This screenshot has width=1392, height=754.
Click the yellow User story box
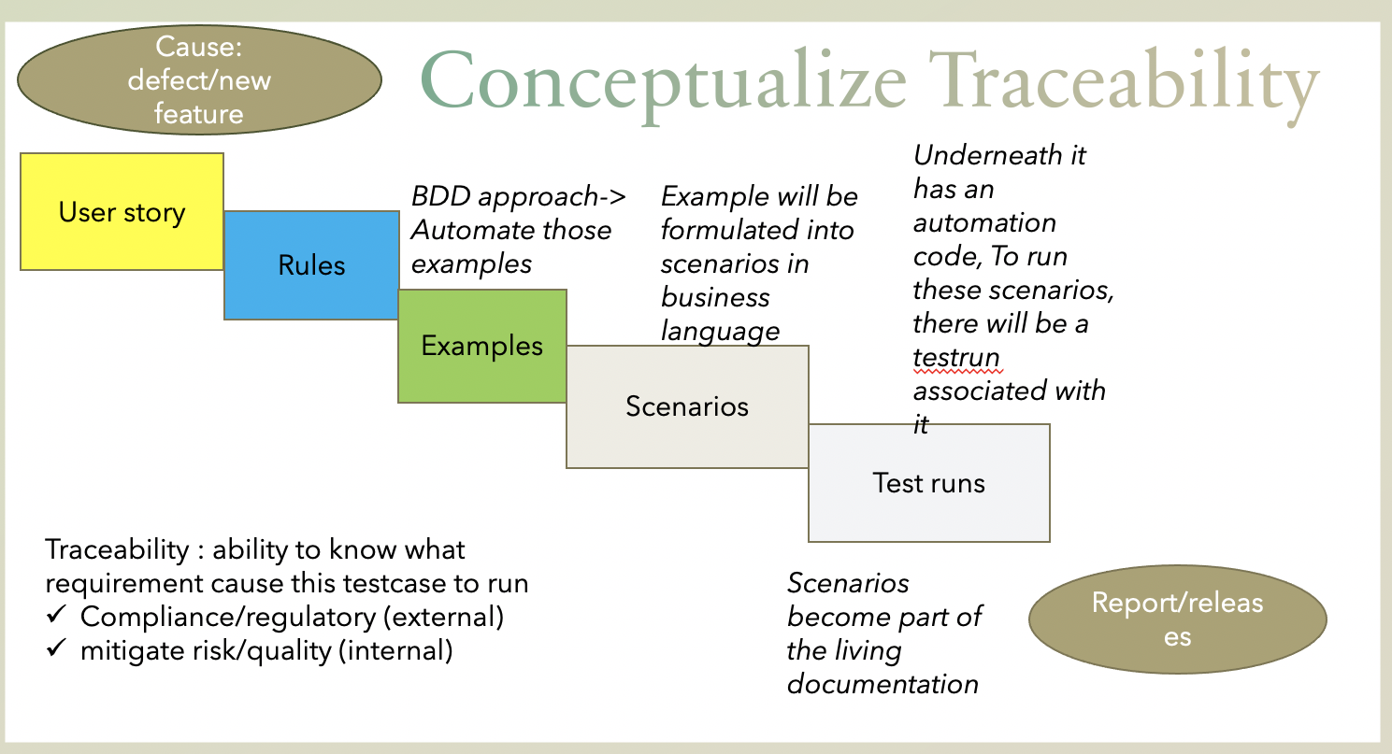(x=122, y=212)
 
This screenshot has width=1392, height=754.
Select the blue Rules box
(x=311, y=265)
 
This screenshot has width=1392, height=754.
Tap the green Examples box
(x=481, y=346)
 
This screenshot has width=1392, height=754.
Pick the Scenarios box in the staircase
(x=687, y=406)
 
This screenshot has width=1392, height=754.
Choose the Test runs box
(x=928, y=482)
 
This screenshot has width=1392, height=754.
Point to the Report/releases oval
(x=1177, y=619)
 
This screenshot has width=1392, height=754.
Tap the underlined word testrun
(x=956, y=357)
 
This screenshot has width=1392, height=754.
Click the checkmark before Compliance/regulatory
(x=56, y=617)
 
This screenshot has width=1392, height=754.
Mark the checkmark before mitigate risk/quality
(x=56, y=650)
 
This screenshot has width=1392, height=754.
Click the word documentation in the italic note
(x=883, y=684)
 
